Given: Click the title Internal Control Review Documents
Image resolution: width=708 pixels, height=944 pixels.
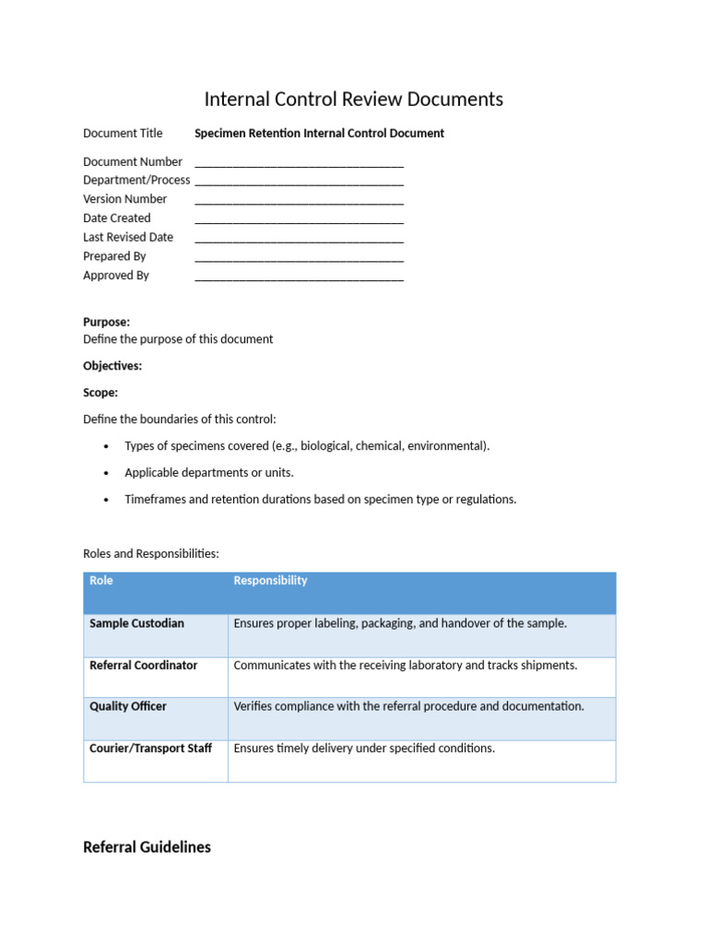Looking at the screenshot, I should (x=353, y=100).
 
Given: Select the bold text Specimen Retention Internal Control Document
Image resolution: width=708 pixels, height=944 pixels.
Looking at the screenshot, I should (x=319, y=134).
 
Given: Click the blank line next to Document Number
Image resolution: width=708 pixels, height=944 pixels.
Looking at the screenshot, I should (x=299, y=163).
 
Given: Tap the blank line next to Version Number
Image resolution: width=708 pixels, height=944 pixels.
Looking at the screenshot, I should (x=299, y=200).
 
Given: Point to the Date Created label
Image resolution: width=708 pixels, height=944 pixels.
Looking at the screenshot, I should (x=116, y=218).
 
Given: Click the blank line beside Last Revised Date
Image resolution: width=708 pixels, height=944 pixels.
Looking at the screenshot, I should (x=299, y=239).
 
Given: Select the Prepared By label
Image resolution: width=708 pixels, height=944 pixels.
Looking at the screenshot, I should (x=114, y=256).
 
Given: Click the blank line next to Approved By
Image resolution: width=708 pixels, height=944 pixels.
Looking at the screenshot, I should (x=299, y=277).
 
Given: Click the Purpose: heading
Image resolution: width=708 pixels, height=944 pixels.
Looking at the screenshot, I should (x=106, y=323).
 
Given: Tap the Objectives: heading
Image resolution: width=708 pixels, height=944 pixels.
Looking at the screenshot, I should (x=112, y=366).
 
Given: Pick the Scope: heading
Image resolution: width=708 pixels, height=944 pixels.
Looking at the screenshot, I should (x=100, y=393).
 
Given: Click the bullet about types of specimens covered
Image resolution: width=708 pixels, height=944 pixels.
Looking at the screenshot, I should (x=307, y=446).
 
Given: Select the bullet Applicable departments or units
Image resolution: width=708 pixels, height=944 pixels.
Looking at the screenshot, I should (x=209, y=473).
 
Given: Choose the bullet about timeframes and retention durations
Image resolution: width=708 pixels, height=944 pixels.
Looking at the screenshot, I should (x=320, y=500).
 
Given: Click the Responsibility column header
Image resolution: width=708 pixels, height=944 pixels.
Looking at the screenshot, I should (x=270, y=581).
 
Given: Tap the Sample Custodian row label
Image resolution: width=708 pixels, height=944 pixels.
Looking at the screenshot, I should (x=136, y=624).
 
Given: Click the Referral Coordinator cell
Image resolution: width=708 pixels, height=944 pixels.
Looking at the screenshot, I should (x=143, y=666).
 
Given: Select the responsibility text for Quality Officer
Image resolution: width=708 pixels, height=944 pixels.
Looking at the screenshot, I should (x=408, y=707).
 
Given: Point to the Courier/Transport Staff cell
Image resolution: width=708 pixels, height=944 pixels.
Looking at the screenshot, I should (x=150, y=749).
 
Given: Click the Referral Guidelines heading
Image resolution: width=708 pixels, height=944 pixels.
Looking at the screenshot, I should (x=147, y=847).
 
